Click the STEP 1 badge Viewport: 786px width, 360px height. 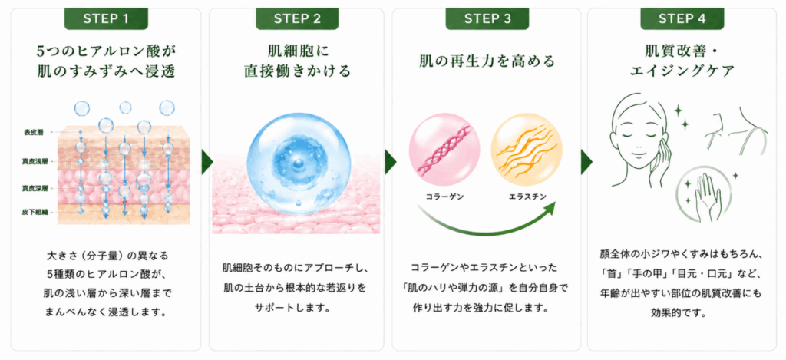tap(106, 19)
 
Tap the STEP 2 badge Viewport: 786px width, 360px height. tap(297, 19)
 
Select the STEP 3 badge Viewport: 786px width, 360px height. tap(487, 19)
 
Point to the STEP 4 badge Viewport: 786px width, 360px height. tap(682, 19)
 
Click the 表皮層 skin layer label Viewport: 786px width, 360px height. tap(34, 132)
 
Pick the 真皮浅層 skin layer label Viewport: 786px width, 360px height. tap(31, 161)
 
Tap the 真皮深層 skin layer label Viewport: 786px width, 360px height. tap(31, 189)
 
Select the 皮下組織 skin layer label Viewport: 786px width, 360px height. tap(31, 212)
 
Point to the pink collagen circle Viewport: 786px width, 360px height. tap(444, 148)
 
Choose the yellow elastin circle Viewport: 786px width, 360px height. tap(527, 148)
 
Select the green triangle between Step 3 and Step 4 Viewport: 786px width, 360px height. tap(586, 162)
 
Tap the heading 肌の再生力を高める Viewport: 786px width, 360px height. tap(487, 61)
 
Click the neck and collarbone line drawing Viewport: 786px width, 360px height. tap(736, 131)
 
